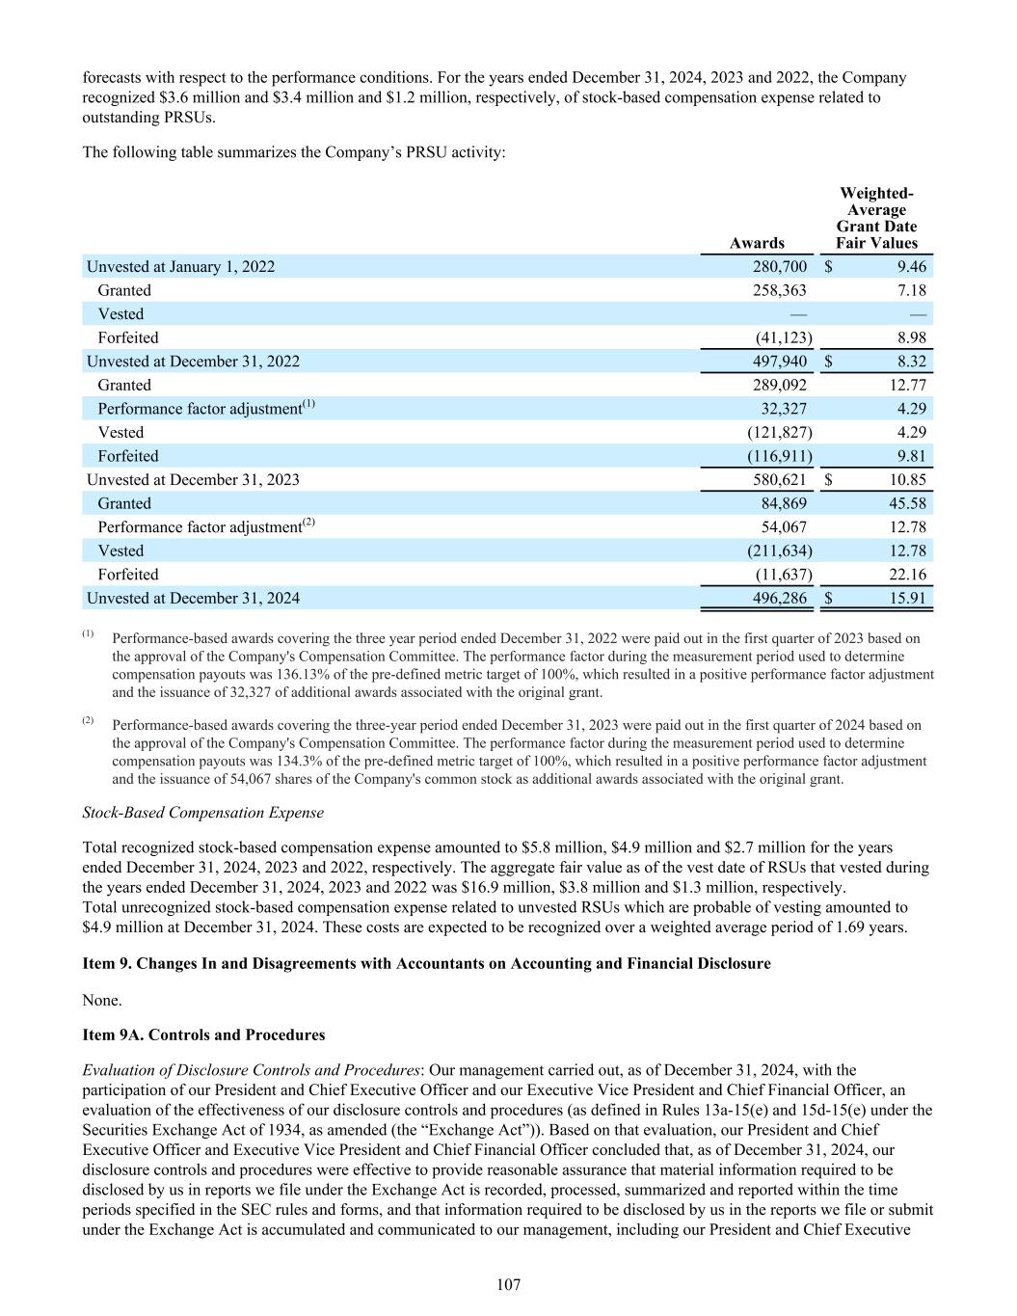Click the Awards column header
[x=757, y=243]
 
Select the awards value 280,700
[x=779, y=267]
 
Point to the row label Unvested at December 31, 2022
[x=193, y=362]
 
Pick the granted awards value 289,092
[x=779, y=385]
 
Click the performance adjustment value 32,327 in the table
[x=784, y=409]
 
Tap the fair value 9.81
[x=910, y=456]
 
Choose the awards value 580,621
[x=779, y=480]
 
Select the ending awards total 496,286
[x=779, y=599]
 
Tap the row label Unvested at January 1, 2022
[x=180, y=267]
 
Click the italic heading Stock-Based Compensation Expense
[x=203, y=813]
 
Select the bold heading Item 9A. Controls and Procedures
[x=203, y=1034]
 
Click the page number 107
[x=508, y=1284]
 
